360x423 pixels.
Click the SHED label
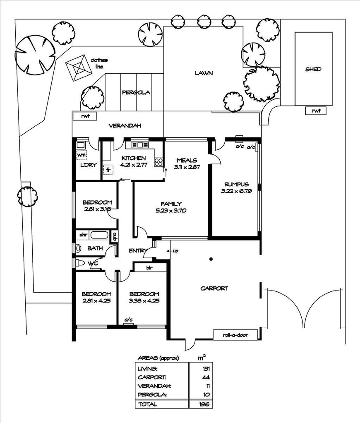(x=313, y=69)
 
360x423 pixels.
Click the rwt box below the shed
(x=317, y=111)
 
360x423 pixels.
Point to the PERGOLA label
(x=136, y=93)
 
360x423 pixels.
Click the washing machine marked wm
(x=82, y=155)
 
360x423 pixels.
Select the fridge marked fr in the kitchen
(x=108, y=170)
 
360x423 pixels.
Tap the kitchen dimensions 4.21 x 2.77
(x=133, y=165)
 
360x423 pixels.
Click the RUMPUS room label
(x=236, y=184)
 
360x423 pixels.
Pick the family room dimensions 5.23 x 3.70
(x=171, y=210)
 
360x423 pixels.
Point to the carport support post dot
(x=211, y=260)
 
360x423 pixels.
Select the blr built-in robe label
(x=150, y=268)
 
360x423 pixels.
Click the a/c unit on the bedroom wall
(x=129, y=320)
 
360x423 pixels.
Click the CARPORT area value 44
(x=206, y=377)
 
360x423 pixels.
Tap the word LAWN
(x=204, y=73)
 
